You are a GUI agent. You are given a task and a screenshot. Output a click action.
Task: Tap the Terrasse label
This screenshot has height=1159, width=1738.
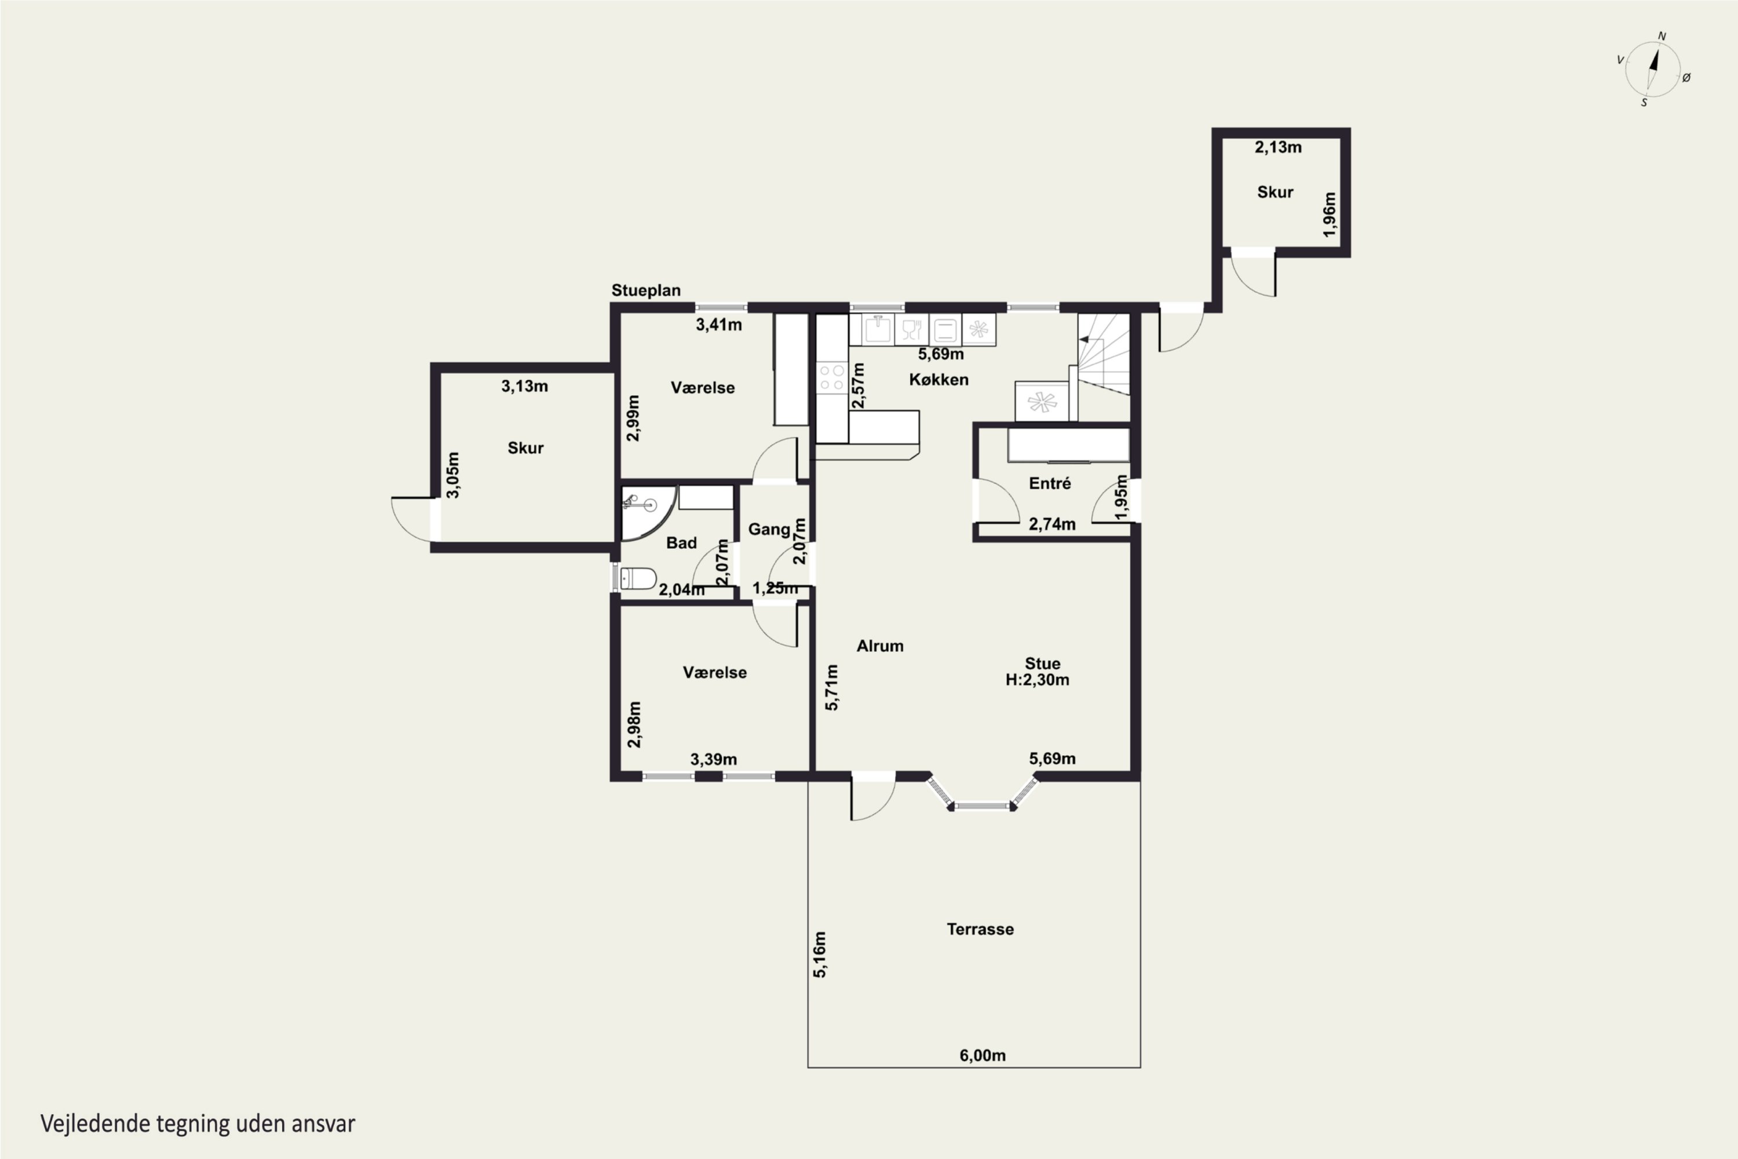[x=980, y=929]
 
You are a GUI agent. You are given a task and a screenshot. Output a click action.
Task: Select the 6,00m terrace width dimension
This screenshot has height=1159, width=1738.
[x=982, y=1055]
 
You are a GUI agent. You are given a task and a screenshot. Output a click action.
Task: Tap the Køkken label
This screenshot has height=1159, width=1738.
[x=939, y=379]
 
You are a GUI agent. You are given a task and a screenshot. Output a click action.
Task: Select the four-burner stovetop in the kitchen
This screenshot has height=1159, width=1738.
[x=832, y=377]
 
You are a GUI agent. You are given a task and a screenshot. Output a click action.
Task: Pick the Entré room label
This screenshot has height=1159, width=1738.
[x=1049, y=483]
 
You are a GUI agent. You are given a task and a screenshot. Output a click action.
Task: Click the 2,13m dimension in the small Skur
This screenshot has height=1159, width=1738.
[x=1277, y=147]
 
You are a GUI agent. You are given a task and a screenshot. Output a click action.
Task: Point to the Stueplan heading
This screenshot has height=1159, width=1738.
[x=646, y=290]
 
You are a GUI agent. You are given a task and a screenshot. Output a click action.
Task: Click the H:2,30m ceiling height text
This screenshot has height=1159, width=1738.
[x=1037, y=680]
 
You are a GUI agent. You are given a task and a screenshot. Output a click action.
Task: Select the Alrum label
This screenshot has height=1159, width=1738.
[x=879, y=646]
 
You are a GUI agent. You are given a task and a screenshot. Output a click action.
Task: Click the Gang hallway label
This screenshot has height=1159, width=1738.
[x=769, y=529]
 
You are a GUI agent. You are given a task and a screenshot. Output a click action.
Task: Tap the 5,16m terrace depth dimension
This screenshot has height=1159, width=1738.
[x=820, y=954]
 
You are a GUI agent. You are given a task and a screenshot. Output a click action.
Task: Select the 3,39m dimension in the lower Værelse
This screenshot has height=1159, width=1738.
[x=713, y=759]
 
